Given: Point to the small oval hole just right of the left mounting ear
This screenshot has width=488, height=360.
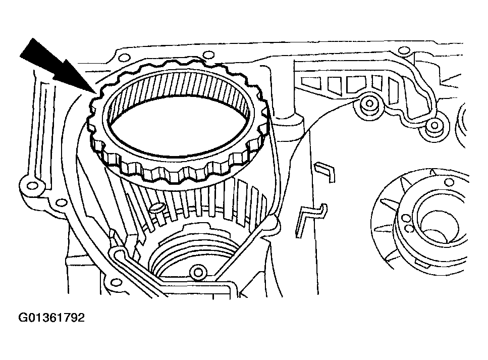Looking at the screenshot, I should point(62,202).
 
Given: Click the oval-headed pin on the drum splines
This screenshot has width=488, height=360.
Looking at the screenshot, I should point(157,208).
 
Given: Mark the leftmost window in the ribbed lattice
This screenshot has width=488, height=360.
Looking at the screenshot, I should point(308,81).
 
